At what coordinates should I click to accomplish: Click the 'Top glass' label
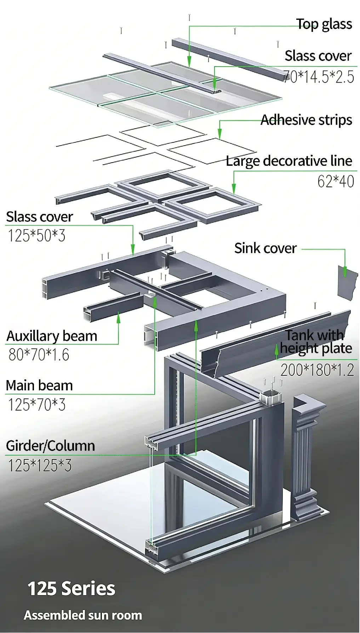[x=324, y=24]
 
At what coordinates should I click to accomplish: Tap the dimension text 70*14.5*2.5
[x=319, y=77]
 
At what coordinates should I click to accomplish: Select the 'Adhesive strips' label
[x=306, y=120]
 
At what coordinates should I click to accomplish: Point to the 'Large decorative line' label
[x=289, y=161]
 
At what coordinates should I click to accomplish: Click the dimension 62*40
[x=335, y=182]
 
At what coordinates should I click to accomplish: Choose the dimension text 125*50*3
[x=36, y=236]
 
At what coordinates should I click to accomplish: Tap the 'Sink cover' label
[x=265, y=248]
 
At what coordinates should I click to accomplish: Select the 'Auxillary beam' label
[x=52, y=336]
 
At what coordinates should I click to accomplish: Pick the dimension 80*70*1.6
[x=39, y=355]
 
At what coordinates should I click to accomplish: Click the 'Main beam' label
[x=39, y=385]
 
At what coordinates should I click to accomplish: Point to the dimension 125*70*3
[x=36, y=405]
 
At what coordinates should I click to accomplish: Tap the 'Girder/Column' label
[x=50, y=446]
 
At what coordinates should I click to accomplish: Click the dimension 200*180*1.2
[x=317, y=371]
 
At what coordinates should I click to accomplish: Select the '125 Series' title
[x=71, y=589]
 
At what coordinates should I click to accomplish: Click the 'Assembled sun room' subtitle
[x=83, y=615]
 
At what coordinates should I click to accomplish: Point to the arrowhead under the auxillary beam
[x=118, y=317]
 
